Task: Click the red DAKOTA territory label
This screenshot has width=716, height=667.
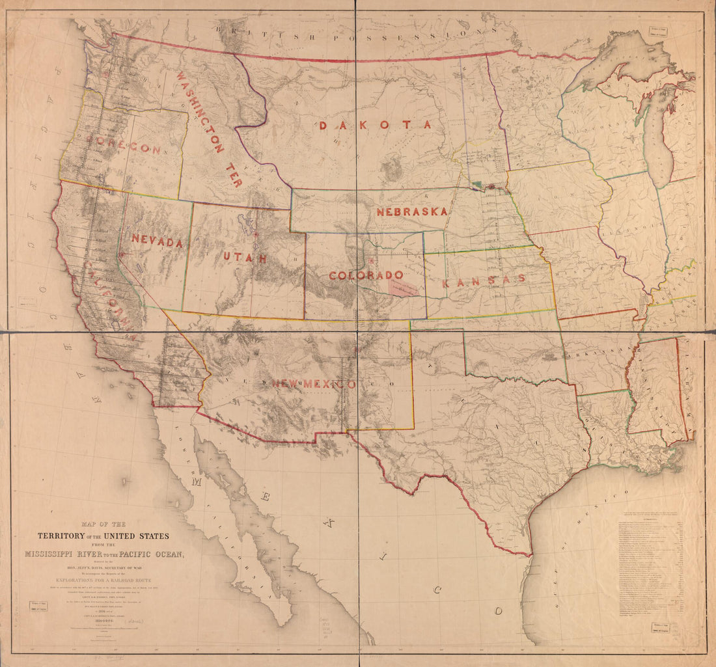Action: click(375, 124)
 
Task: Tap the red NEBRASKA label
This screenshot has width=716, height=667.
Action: click(411, 211)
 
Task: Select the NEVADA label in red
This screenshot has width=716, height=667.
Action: click(157, 240)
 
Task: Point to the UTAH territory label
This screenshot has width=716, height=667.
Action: click(245, 258)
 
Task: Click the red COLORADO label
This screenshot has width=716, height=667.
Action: click(366, 275)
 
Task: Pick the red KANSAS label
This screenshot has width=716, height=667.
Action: click(483, 280)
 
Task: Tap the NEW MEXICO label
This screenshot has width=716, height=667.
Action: click(314, 384)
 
